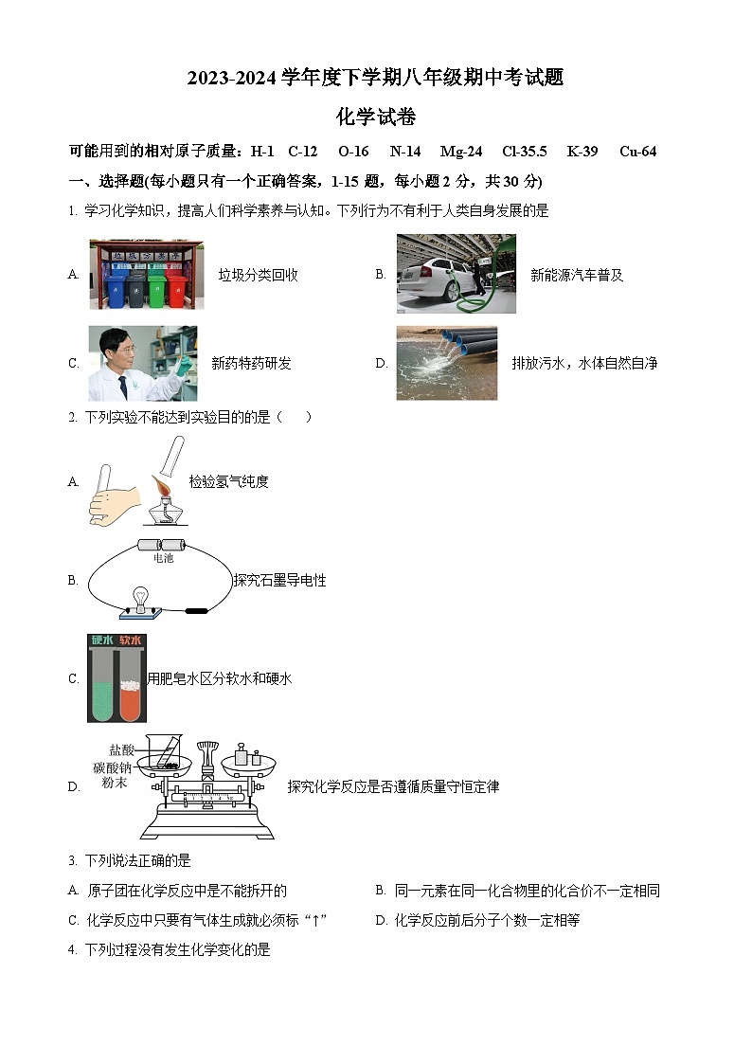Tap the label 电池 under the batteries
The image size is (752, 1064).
click(x=162, y=559)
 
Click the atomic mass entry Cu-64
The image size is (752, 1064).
click(x=637, y=152)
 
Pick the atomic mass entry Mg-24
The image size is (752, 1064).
click(x=461, y=152)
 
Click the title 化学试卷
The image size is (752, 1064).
click(x=376, y=117)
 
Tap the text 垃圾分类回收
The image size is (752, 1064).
click(x=258, y=275)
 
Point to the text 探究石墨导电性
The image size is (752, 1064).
click(x=279, y=580)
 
